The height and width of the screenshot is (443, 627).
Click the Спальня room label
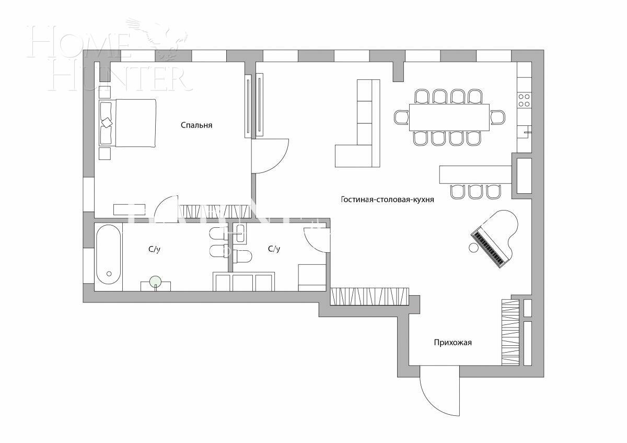pyautogui.click(x=196, y=125)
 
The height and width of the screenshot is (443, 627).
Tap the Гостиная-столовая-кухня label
pyautogui.click(x=387, y=200)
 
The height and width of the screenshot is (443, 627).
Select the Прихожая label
pyautogui.click(x=452, y=343)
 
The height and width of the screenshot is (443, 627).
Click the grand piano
pyautogui.click(x=496, y=237)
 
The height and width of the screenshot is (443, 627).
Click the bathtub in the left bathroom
pyautogui.click(x=108, y=254)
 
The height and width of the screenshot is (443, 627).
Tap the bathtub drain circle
pyautogui.click(x=109, y=273)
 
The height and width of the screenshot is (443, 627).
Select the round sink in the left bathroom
pyautogui.click(x=155, y=282)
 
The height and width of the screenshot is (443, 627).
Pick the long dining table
pyautogui.click(x=449, y=117)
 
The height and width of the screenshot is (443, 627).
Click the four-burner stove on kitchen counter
pyautogui.click(x=524, y=100)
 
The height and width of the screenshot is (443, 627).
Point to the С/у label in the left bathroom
pyautogui.click(x=154, y=250)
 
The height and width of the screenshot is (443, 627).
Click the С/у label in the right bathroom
pyautogui.click(x=274, y=249)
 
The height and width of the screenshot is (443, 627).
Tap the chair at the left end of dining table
pyautogui.click(x=401, y=117)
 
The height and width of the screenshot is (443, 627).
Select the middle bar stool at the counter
pyautogui.click(x=475, y=191)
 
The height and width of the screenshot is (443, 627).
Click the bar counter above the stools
pyautogui.click(x=475, y=174)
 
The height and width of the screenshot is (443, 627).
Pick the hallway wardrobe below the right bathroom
pyautogui.click(x=369, y=296)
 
